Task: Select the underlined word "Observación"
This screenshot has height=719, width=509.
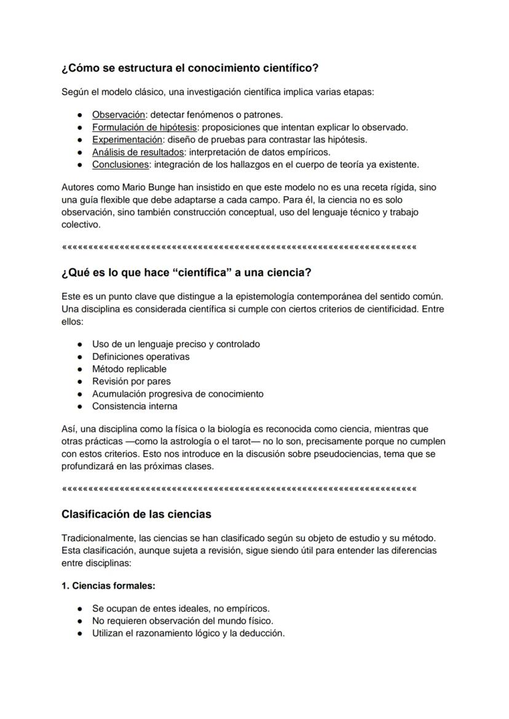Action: click(x=119, y=114)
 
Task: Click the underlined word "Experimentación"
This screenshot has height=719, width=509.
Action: click(x=127, y=140)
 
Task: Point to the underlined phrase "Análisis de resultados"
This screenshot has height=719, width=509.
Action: click(x=138, y=152)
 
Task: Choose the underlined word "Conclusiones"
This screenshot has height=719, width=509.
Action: click(x=120, y=164)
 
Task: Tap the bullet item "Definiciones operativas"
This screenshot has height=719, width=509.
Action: click(x=141, y=357)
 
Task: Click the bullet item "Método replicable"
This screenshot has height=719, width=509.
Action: click(x=129, y=369)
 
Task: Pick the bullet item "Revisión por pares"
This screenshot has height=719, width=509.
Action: click(x=132, y=381)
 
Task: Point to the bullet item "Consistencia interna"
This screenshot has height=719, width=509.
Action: click(x=135, y=406)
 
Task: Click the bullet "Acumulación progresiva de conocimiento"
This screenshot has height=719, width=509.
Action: click(x=178, y=394)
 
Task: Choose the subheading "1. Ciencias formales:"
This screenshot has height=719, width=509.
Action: click(x=108, y=586)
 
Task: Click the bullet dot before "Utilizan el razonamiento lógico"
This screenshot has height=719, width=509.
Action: click(x=80, y=634)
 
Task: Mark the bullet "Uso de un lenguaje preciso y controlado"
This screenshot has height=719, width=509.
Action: click(x=176, y=344)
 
